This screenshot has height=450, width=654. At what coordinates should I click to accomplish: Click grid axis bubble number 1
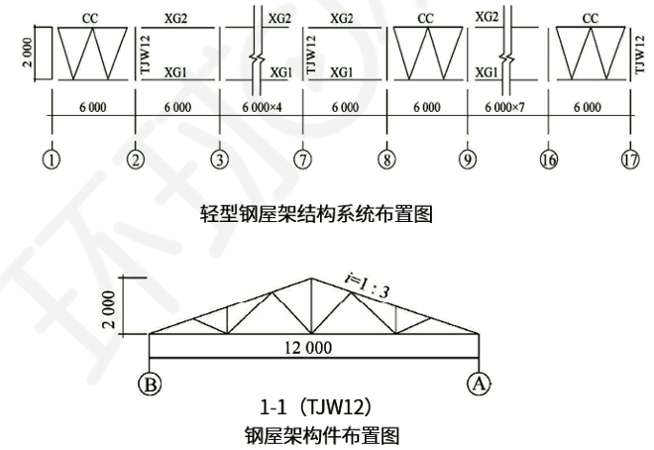click(52, 160)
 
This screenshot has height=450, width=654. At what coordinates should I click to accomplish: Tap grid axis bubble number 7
click(303, 160)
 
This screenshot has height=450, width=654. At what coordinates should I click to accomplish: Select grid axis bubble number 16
click(549, 161)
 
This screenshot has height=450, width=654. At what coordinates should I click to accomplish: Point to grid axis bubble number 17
click(630, 161)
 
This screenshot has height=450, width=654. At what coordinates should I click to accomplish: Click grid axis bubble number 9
click(468, 160)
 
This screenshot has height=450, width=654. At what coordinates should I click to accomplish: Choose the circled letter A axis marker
click(479, 383)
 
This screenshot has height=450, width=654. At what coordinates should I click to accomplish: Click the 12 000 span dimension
click(308, 347)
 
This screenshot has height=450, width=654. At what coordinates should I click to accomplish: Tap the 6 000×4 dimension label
click(262, 107)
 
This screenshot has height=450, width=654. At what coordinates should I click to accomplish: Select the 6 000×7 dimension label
click(504, 107)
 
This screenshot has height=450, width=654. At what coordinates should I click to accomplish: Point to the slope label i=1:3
click(368, 285)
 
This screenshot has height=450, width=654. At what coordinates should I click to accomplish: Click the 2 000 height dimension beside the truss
click(109, 309)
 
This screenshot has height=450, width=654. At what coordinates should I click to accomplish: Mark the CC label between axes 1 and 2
click(90, 19)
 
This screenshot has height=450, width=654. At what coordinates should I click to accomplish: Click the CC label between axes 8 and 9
click(425, 19)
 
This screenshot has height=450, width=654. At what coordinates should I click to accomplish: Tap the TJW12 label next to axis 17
click(640, 55)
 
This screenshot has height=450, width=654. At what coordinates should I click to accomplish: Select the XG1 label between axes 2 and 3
click(175, 72)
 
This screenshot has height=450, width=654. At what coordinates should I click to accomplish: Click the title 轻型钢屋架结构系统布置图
click(316, 214)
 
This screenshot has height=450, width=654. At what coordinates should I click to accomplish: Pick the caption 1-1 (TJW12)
click(315, 406)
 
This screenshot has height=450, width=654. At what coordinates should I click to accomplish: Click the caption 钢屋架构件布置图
click(322, 436)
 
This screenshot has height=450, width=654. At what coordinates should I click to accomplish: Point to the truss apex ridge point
click(311, 278)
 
